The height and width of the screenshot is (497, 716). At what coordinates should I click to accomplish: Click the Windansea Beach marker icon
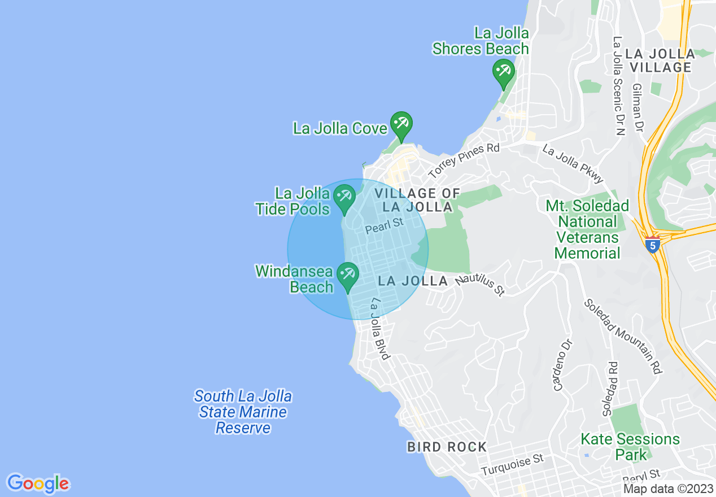(x=347, y=275)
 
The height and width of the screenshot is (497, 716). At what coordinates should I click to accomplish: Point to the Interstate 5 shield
(x=653, y=246)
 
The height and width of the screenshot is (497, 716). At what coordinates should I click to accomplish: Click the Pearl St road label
(x=385, y=226)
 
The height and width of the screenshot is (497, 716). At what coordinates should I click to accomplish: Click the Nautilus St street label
(x=480, y=281)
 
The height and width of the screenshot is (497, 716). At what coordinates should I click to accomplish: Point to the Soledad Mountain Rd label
(x=623, y=335)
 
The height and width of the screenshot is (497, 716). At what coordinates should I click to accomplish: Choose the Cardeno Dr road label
(x=563, y=365)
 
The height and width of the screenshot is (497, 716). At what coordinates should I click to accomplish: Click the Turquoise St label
(x=512, y=465)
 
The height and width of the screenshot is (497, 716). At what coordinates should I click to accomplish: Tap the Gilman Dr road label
(x=639, y=107)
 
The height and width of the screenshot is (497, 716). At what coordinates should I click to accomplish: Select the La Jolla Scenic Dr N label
(x=619, y=86)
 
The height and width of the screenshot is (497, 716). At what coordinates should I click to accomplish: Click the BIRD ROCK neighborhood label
(x=447, y=447)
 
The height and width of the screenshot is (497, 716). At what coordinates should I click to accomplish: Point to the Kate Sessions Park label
(x=630, y=446)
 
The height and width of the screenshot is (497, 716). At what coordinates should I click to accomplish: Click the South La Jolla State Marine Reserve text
(x=243, y=412)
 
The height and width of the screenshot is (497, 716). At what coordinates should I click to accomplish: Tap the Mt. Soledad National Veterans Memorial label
(x=587, y=229)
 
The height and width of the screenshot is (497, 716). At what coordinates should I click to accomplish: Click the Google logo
(x=38, y=483)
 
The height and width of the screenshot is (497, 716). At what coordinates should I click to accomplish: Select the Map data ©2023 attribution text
(x=668, y=489)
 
